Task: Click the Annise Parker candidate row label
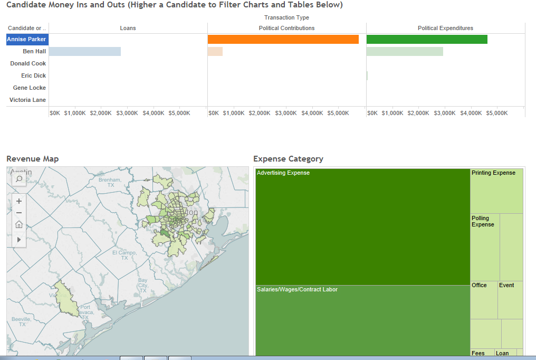click(26, 39)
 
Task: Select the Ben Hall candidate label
click(34, 51)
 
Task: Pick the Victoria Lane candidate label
click(27, 100)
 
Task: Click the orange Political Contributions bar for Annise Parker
click(283, 39)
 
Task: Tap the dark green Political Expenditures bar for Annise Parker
click(427, 39)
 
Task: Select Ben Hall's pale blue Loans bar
click(84, 51)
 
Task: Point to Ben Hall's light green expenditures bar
click(405, 51)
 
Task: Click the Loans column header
click(128, 28)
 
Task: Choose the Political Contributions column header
click(286, 28)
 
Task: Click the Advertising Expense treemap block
click(362, 227)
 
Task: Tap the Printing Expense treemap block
click(496, 191)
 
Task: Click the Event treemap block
click(510, 299)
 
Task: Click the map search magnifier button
click(19, 179)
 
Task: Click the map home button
click(19, 224)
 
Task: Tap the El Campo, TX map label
click(124, 255)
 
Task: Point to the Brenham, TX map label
click(110, 183)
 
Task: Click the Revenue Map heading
click(32, 159)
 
